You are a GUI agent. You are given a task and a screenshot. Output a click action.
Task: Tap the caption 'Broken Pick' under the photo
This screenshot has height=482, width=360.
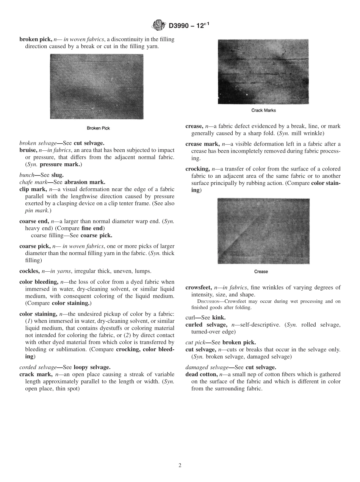click(98, 128)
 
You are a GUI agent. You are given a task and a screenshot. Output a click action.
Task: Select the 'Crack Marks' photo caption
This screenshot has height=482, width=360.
click(263, 111)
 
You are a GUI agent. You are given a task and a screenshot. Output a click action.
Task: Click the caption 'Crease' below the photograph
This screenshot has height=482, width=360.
click(261, 272)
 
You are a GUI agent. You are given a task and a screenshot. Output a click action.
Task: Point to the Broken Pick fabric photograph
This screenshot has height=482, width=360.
click(97, 86)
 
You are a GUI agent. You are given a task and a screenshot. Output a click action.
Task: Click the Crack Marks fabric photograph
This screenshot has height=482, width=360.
click(263, 71)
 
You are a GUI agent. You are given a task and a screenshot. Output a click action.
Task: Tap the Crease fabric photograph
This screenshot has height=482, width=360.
click(263, 231)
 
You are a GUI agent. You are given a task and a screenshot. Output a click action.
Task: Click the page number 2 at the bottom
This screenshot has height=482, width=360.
click(180, 465)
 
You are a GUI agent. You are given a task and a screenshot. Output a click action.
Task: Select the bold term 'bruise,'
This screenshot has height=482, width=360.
click(28, 150)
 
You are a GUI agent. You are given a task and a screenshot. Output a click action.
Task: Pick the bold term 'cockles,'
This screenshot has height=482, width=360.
click(29, 271)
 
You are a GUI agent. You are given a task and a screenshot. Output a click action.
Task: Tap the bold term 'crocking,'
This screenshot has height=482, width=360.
click(197, 169)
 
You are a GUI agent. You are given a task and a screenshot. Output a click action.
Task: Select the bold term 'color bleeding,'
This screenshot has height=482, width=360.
click(39, 282)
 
